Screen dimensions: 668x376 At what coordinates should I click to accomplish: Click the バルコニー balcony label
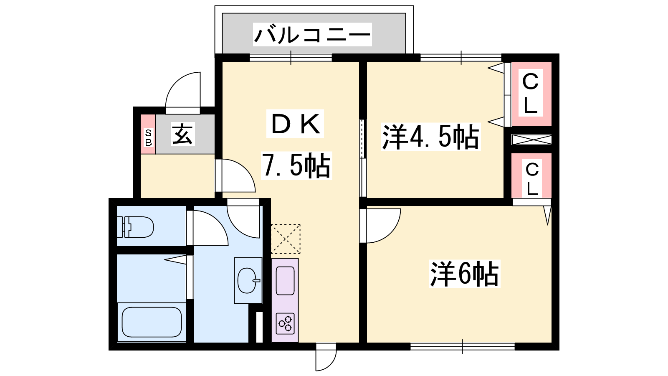point(312,35)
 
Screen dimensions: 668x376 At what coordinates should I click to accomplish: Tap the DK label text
point(295,124)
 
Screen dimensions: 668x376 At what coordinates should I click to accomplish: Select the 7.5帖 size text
point(296,165)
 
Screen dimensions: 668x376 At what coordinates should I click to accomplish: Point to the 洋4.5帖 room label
point(430,137)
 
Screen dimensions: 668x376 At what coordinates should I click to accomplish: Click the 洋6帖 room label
point(464,274)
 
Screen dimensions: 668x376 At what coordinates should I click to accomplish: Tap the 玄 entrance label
point(183,134)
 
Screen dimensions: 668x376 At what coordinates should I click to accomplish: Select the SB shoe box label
point(148,137)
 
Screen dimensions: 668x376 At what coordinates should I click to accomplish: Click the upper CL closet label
point(531,93)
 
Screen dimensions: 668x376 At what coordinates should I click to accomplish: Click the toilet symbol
point(135,227)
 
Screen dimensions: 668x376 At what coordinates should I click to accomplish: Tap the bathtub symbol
point(152,322)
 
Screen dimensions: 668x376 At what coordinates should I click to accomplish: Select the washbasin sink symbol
point(248,280)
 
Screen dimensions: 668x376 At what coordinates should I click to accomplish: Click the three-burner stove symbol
point(285,323)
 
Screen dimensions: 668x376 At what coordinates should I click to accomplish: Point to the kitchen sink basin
point(285,281)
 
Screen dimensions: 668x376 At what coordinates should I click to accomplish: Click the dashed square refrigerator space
point(286,239)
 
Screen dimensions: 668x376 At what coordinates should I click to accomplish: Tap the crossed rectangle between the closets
point(531,140)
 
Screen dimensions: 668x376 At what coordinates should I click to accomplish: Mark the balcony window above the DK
point(291,58)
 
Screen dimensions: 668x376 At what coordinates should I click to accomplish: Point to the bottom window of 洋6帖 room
point(463,346)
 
